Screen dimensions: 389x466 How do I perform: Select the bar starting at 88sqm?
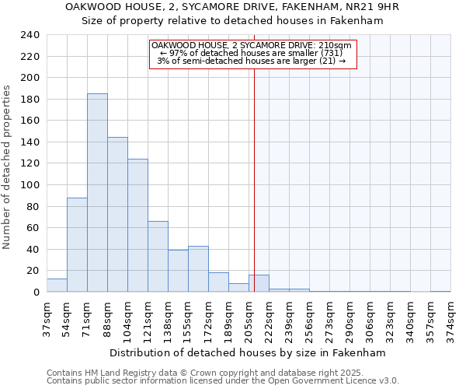tap(117, 215)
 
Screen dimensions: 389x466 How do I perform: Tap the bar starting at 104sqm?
tap(137, 226)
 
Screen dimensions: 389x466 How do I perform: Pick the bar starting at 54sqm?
tap(77, 245)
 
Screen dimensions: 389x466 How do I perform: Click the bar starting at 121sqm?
tap(158, 257)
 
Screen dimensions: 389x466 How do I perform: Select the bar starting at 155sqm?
tap(198, 269)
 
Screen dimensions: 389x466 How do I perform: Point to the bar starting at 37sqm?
tap(57, 286)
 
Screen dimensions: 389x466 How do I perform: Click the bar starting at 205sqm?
tap(259, 284)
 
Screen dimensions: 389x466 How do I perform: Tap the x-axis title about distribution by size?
tap(248, 352)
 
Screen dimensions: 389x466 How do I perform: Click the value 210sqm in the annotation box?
tap(338, 46)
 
